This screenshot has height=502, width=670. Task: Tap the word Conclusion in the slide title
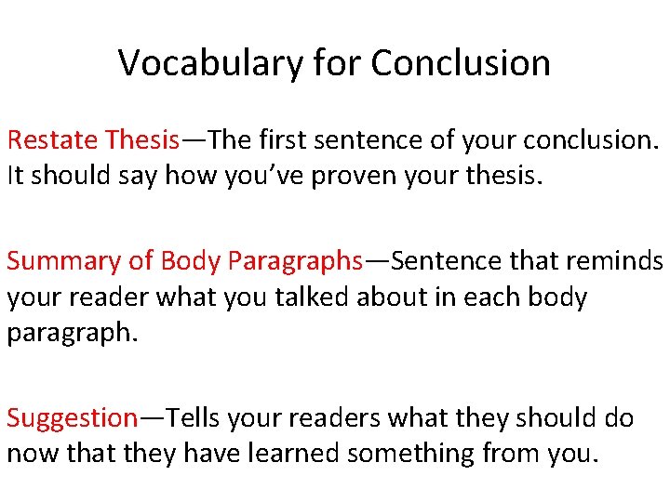tap(461, 63)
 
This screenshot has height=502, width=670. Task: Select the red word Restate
tap(53, 140)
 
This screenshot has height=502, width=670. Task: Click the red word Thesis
tap(141, 140)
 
